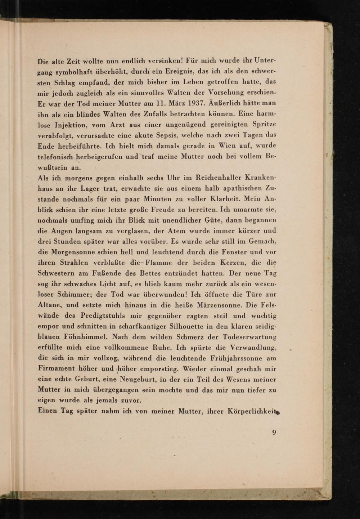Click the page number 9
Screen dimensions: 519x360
[x=274, y=433]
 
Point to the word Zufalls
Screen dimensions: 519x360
[x=157, y=114]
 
